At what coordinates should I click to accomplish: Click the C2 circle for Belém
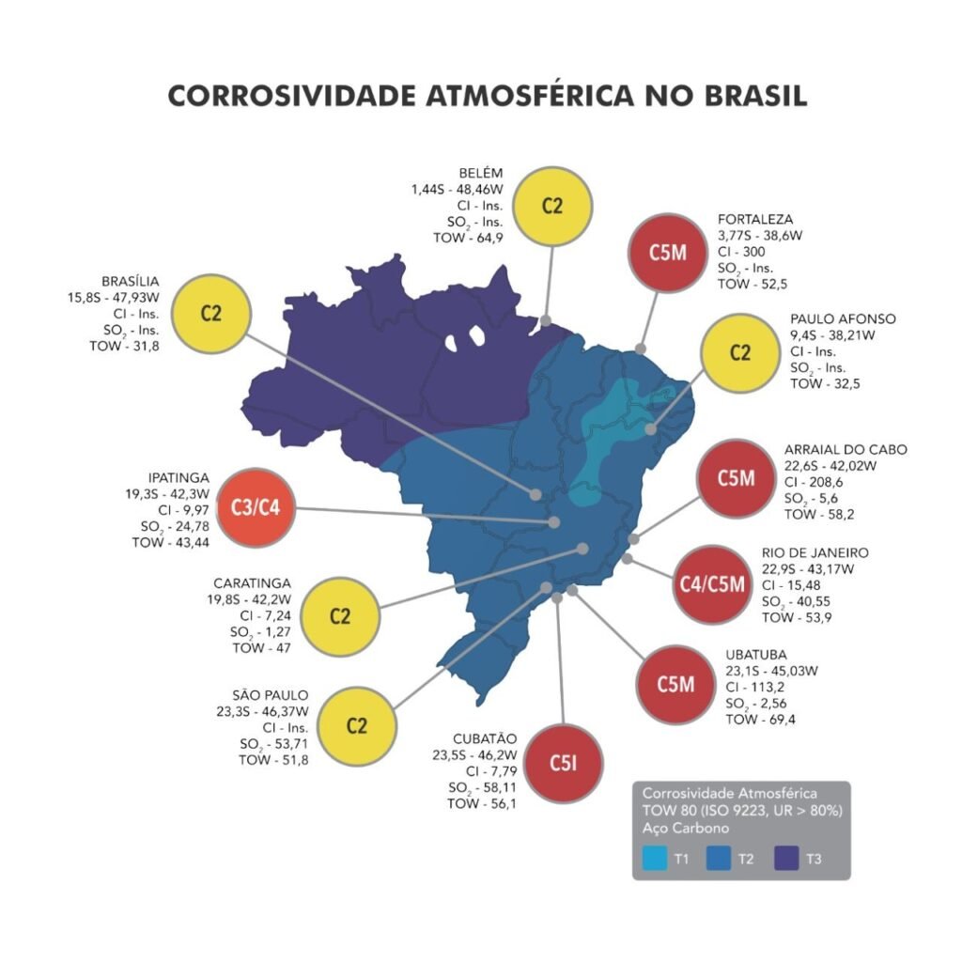[552, 206]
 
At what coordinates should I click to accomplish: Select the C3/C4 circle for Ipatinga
[256, 508]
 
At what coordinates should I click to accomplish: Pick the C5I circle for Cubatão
[562, 763]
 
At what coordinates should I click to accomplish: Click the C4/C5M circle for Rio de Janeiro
[711, 584]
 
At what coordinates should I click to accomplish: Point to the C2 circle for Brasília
[211, 313]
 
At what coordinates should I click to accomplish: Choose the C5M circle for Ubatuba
[675, 684]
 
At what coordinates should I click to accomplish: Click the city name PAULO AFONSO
[842, 318]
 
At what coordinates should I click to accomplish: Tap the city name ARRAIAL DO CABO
[846, 449]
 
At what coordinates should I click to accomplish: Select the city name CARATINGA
[252, 582]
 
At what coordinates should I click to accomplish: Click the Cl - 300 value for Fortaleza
[741, 252]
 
